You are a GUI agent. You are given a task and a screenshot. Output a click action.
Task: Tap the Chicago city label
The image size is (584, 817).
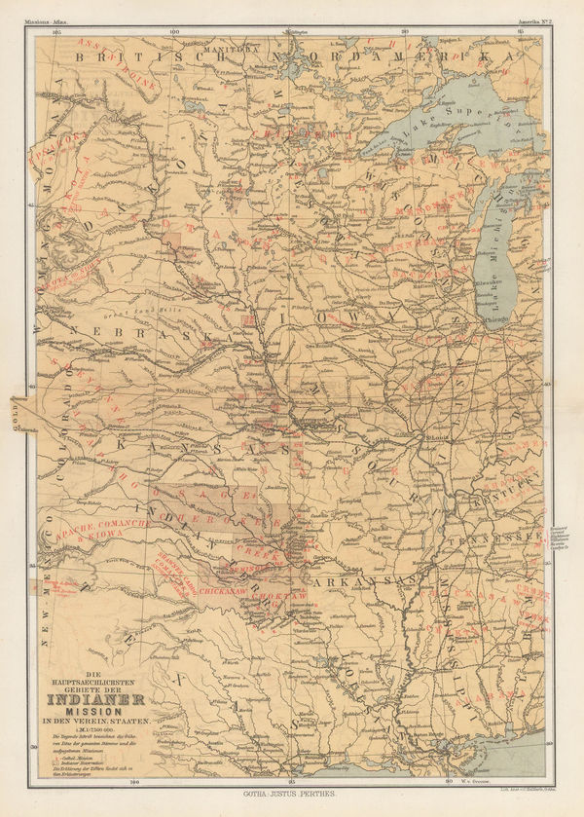(495, 318)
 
